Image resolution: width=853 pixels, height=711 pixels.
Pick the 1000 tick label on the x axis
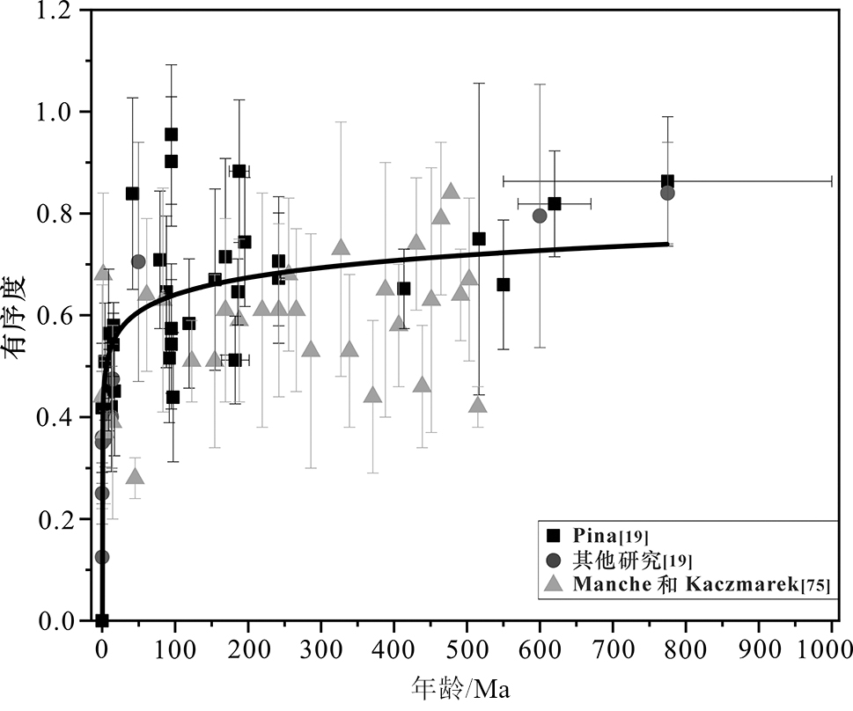tap(830, 650)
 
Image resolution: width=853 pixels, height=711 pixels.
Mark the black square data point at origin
tap(102, 620)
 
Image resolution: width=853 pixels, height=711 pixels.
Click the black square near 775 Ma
tap(667, 181)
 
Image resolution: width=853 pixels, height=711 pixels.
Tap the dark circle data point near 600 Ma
tap(540, 216)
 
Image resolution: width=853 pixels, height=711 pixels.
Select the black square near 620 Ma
tap(555, 203)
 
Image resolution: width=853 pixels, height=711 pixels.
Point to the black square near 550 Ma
tap(504, 284)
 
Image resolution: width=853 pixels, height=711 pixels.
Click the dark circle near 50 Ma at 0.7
tap(138, 261)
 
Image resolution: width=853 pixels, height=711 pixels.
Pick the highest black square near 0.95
tap(172, 135)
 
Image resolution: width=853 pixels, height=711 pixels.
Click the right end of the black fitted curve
tap(669, 243)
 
